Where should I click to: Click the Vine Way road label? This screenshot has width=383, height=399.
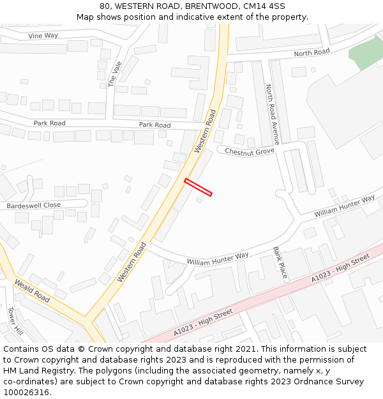[43, 36]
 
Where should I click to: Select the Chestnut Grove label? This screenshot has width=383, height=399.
[250, 151]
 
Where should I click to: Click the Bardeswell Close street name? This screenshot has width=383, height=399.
[34, 206]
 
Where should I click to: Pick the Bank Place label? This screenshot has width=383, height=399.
[280, 263]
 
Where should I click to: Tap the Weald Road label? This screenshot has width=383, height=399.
[32, 290]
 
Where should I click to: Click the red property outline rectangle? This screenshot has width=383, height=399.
[198, 187]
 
